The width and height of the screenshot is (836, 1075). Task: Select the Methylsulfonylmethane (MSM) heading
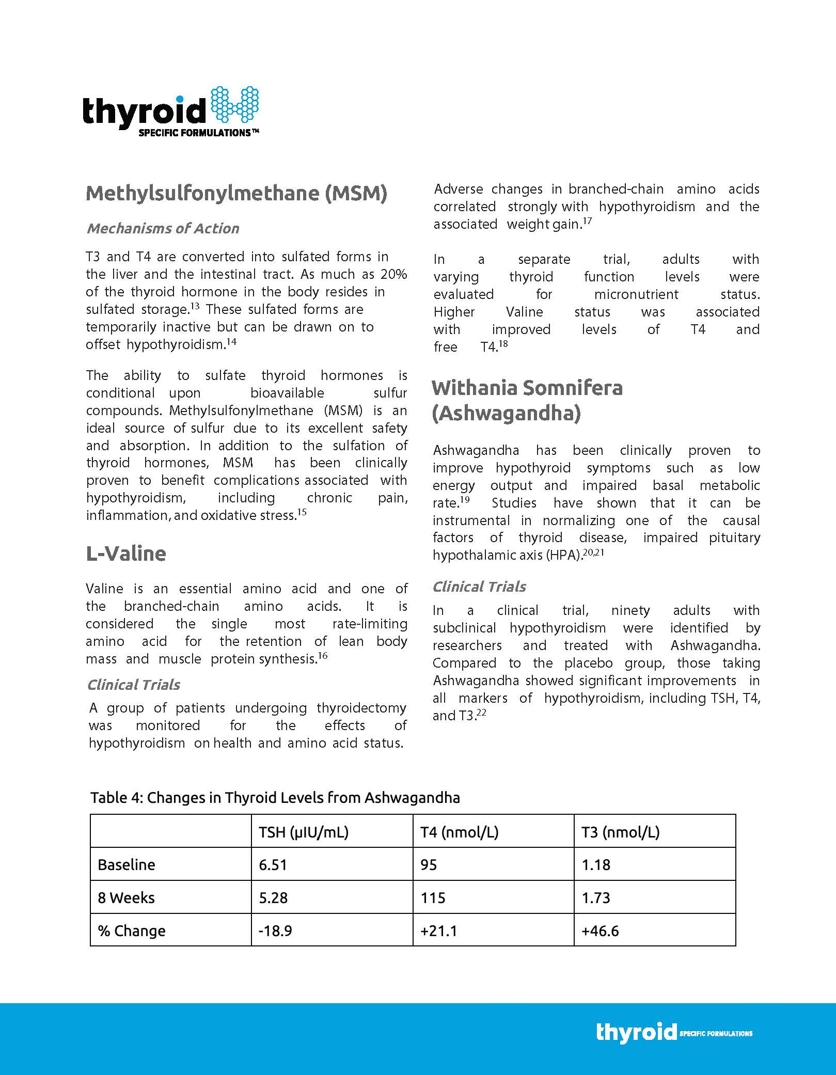(236, 193)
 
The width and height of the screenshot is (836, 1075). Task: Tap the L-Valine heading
(126, 554)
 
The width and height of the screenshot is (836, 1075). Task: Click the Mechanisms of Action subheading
(163, 228)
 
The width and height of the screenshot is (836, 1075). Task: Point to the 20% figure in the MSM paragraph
(393, 274)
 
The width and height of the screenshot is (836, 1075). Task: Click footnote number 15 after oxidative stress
(302, 513)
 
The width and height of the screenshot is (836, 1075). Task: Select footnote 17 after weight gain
(588, 221)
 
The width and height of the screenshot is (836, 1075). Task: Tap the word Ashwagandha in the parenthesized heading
(506, 414)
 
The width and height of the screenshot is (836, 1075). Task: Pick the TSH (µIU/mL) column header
(304, 832)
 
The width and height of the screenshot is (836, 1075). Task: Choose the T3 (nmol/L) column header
(621, 832)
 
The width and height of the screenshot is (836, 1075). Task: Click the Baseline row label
(127, 865)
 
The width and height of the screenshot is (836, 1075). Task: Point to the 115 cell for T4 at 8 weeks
(433, 898)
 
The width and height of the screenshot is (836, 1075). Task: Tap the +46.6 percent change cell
(600, 931)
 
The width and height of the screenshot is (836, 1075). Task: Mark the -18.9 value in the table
(275, 931)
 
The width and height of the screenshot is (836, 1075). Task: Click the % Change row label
(132, 931)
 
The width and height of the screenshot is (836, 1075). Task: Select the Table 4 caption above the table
(275, 798)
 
